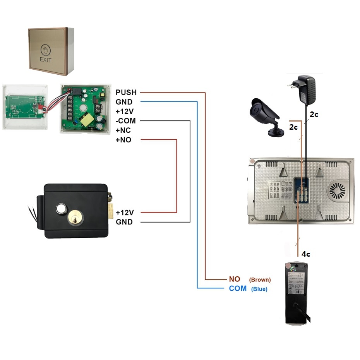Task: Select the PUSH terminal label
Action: pyautogui.click(x=126, y=93)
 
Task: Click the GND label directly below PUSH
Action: pyautogui.click(x=124, y=102)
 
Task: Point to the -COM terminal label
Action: pyautogui.click(x=125, y=121)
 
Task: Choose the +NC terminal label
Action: pyautogui.click(x=123, y=130)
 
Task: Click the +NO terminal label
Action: pyautogui.click(x=123, y=140)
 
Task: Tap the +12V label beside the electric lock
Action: pyautogui.click(x=125, y=212)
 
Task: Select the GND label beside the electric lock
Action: pyautogui.click(x=124, y=222)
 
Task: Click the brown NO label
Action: pyautogui.click(x=235, y=279)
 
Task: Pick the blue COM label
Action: pyautogui.click(x=238, y=289)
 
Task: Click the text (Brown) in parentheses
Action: pyautogui.click(x=260, y=279)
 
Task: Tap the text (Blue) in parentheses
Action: pyautogui.click(x=259, y=289)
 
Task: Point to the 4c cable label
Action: pyautogui.click(x=306, y=254)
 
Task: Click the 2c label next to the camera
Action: pyautogui.click(x=293, y=126)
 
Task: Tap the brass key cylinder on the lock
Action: pyautogui.click(x=74, y=219)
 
